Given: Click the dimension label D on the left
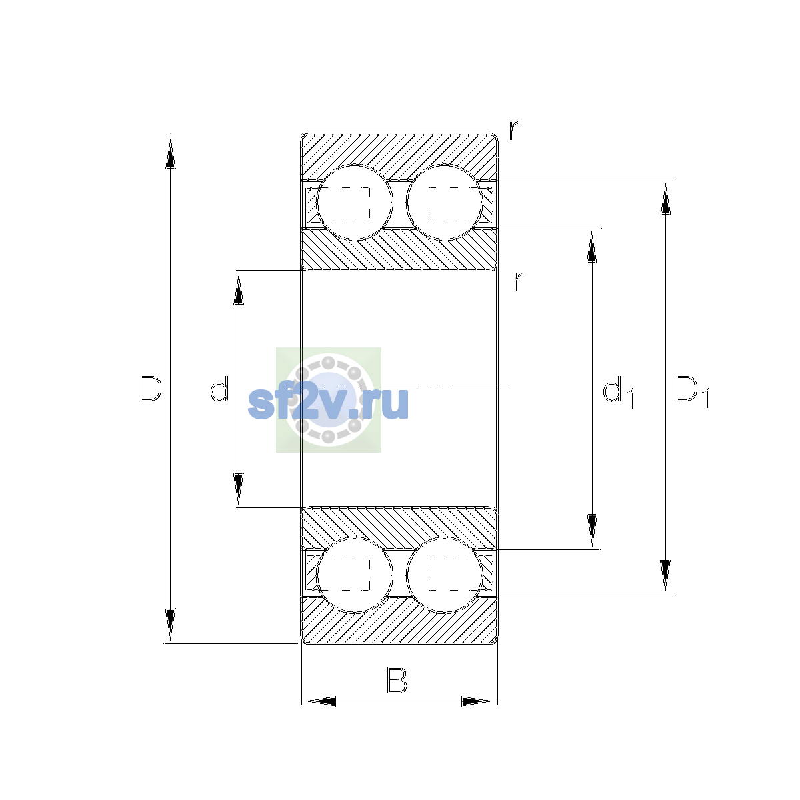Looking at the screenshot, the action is pyautogui.click(x=151, y=389).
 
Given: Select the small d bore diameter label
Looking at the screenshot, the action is pyautogui.click(x=219, y=389).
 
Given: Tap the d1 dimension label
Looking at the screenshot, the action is pyautogui.click(x=618, y=391).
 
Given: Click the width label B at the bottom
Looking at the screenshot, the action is pyautogui.click(x=397, y=681).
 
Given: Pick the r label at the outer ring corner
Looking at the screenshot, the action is pyautogui.click(x=514, y=130).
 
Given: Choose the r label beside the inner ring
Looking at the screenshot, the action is pyautogui.click(x=518, y=281).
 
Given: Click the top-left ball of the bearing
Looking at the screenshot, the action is pyautogui.click(x=354, y=203).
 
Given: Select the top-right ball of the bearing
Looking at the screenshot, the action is pyautogui.click(x=444, y=203).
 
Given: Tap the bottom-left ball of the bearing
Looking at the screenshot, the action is pyautogui.click(x=354, y=575).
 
